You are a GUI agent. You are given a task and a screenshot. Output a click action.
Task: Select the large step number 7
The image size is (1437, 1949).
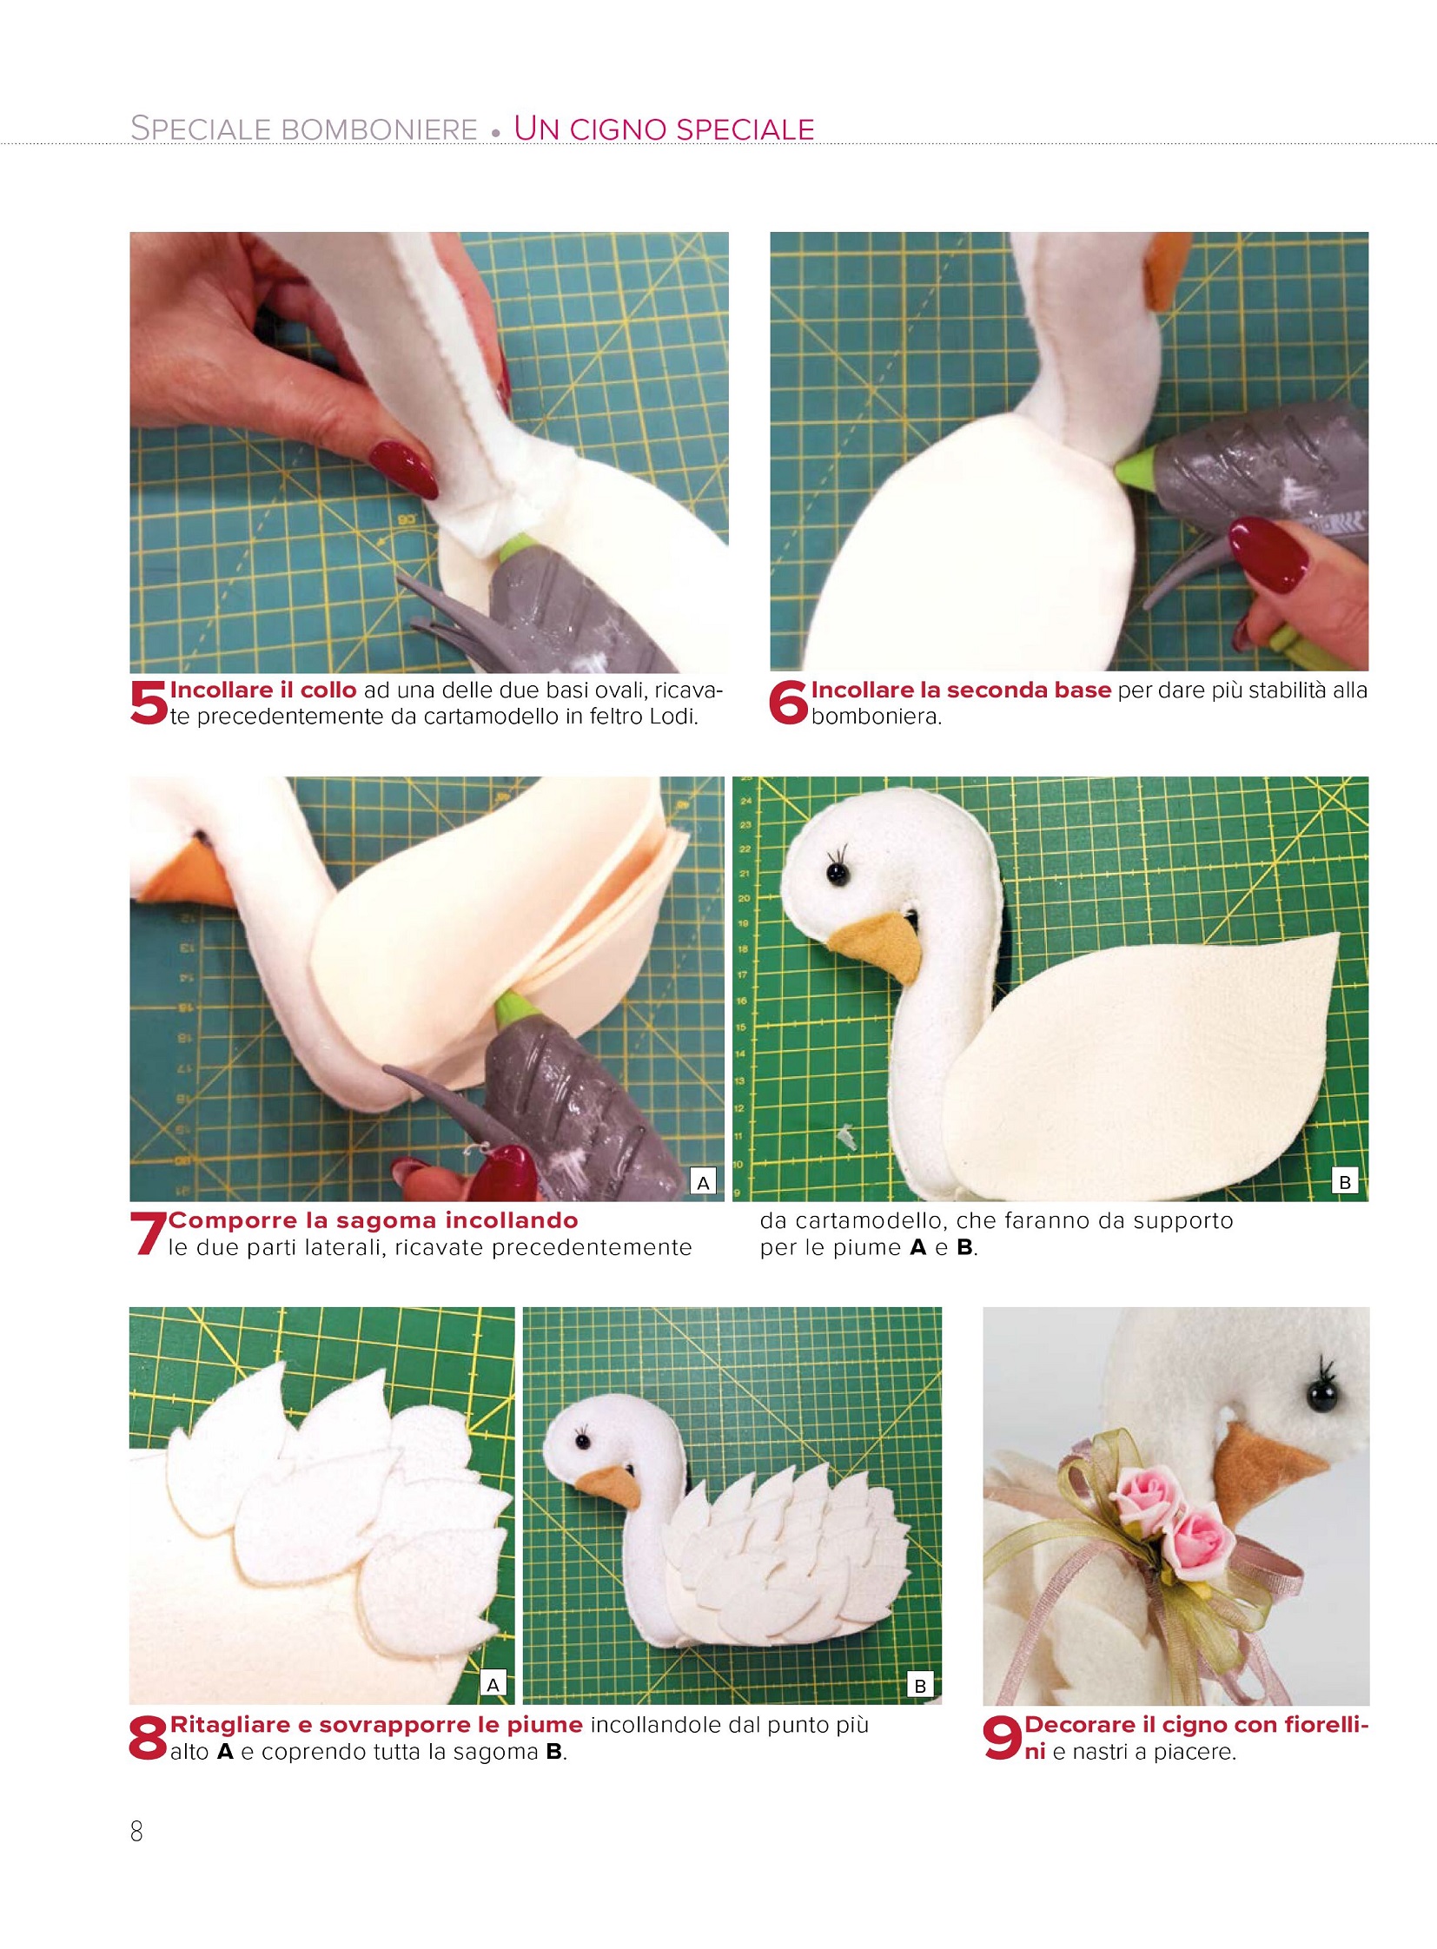(148, 1234)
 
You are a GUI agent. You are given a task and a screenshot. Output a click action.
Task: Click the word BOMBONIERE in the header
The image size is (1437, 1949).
(380, 129)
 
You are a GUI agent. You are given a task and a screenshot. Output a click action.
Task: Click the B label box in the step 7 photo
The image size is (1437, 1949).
(1345, 1182)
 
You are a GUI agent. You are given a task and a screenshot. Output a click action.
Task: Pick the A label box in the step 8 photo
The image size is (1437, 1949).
(493, 1685)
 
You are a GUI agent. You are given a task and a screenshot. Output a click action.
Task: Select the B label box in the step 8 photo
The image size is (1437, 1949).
(920, 1686)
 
